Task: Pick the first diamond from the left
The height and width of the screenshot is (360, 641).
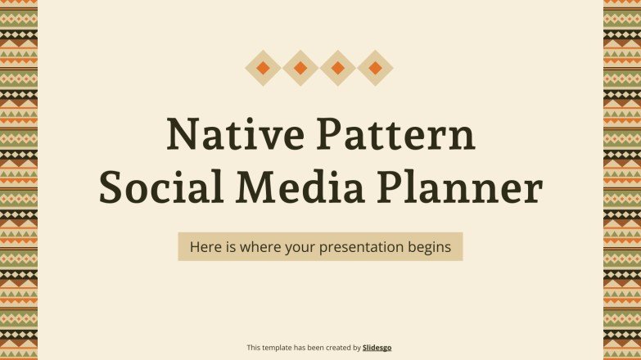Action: (x=263, y=68)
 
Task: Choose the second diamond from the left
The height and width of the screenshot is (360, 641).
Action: (x=300, y=68)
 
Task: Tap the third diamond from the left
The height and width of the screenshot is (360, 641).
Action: (x=338, y=68)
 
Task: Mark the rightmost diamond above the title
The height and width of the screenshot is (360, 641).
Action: (x=375, y=68)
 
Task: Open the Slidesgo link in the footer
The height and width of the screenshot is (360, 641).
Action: (x=377, y=348)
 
